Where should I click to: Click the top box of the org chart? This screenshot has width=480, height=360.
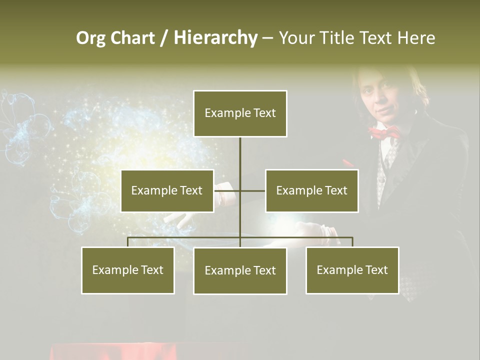[x=240, y=113]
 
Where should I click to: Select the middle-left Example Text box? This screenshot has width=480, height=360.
[x=167, y=190]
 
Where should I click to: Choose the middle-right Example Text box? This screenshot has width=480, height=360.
[x=311, y=190]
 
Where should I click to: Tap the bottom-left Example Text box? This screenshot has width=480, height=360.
[x=127, y=270]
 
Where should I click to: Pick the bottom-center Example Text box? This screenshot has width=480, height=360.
[x=240, y=270]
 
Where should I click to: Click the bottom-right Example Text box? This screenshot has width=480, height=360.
[x=352, y=270]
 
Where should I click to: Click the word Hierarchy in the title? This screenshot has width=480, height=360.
[x=215, y=38]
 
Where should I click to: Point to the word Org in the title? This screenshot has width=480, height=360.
[x=90, y=38]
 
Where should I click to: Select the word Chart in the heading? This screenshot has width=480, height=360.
[x=132, y=38]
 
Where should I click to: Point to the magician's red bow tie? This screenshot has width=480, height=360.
[x=384, y=132]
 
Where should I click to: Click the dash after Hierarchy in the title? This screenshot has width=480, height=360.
[x=267, y=38]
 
